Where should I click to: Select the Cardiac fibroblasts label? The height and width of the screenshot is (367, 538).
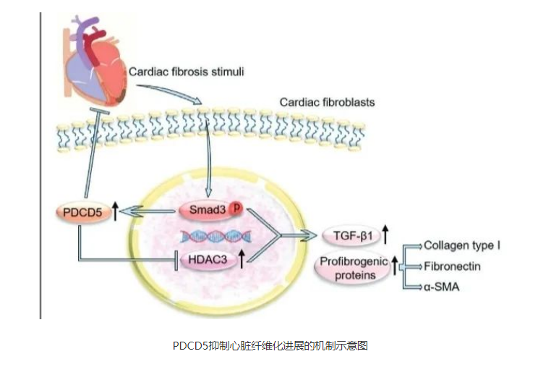click(x=327, y=103)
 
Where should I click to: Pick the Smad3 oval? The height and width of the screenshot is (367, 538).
click(x=208, y=210)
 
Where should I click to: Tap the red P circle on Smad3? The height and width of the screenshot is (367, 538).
click(x=235, y=208)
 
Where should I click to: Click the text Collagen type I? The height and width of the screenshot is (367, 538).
click(x=462, y=245)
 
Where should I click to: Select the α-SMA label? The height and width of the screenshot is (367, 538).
click(x=442, y=287)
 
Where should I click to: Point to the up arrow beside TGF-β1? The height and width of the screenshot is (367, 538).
click(x=386, y=234)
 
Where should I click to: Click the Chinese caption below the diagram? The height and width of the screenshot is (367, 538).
click(x=269, y=345)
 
